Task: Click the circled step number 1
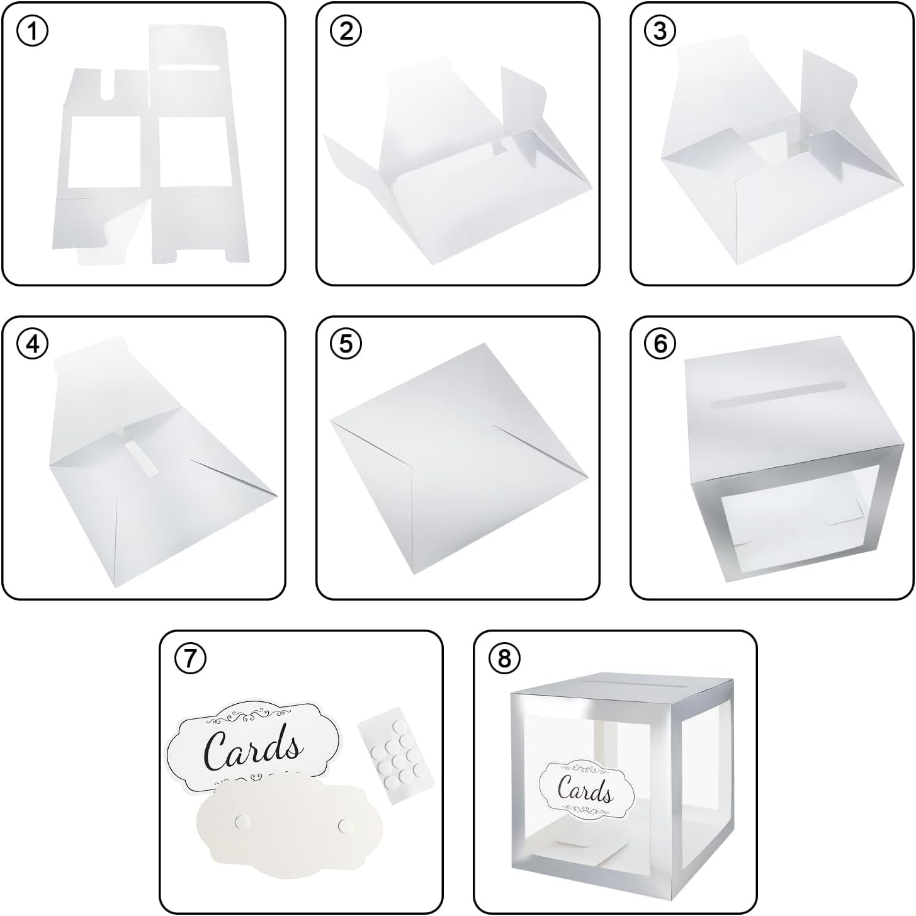point(32,31)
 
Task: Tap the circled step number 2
point(346,31)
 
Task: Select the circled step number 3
point(660,31)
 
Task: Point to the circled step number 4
point(32,344)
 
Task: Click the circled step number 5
point(346,344)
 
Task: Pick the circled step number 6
point(660,344)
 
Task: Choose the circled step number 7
point(189,659)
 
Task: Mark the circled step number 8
point(504,659)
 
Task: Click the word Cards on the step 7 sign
point(253,752)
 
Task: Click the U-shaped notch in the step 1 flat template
point(110,86)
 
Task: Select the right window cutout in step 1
point(193,150)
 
